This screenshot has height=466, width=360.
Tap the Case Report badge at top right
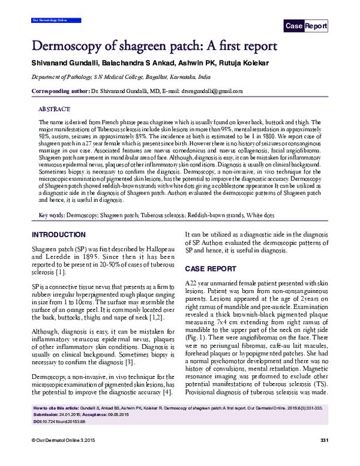pyautogui.click(x=306, y=26)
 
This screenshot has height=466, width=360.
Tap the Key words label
pyautogui.click(x=52, y=214)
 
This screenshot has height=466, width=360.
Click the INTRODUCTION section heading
pyautogui.click(x=62, y=234)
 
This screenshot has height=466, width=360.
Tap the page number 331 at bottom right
pyautogui.click(x=324, y=458)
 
